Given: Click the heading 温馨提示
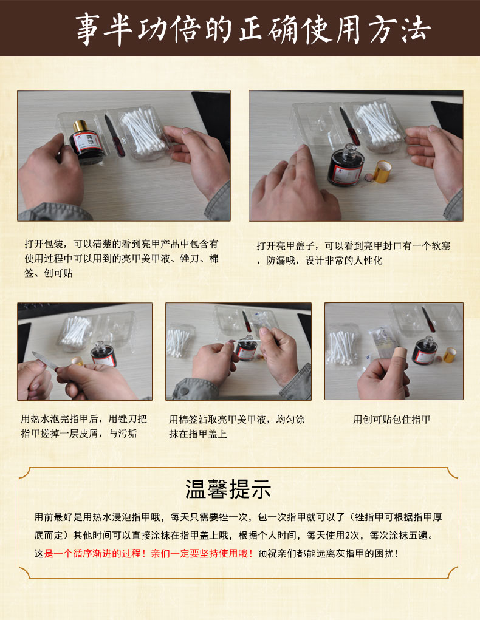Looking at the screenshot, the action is point(228,489).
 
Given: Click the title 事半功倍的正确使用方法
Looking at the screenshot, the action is point(253,29).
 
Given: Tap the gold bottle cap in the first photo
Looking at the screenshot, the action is point(80,126).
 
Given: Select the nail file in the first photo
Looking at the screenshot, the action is point(115,135).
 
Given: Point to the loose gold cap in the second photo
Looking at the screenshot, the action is point(382,171).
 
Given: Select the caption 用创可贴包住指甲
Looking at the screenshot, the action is point(391,420).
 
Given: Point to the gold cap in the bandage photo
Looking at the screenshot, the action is point(449,354).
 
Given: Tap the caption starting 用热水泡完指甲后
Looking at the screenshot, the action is point(84,426).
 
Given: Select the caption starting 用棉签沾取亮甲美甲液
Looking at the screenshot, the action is point(236,427).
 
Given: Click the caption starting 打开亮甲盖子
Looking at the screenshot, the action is point(354,253).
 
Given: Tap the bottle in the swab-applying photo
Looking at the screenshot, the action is point(246,348).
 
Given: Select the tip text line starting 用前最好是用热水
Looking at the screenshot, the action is point(238,517).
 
